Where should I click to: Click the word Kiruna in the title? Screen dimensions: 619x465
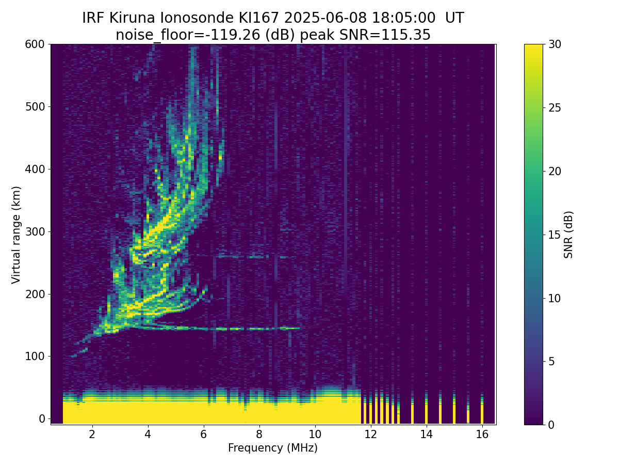(x=132, y=18)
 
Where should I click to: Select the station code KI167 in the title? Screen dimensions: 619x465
(x=258, y=18)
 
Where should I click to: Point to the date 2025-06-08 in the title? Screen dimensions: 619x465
(x=325, y=18)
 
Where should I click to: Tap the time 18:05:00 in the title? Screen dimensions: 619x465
(x=403, y=18)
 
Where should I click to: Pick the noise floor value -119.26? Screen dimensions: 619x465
(x=235, y=35)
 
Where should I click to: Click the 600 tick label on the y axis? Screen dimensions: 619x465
(x=35, y=44)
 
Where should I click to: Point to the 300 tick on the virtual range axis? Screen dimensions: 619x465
(x=35, y=232)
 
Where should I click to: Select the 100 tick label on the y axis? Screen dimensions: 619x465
(x=35, y=357)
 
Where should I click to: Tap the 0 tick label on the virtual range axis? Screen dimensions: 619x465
(x=42, y=419)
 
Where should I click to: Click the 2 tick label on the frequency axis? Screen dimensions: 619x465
(x=92, y=434)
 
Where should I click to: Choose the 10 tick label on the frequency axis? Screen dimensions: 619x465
(x=315, y=434)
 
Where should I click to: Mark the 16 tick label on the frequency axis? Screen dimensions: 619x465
(x=482, y=434)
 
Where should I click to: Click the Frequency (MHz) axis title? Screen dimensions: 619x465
(x=273, y=448)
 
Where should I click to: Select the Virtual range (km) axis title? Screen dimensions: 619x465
(x=16, y=235)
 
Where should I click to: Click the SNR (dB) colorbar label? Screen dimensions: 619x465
(x=568, y=235)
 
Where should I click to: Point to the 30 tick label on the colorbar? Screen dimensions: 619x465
(x=555, y=44)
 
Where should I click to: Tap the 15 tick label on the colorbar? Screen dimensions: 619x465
(x=555, y=235)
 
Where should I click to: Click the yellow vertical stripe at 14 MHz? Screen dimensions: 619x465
(x=427, y=409)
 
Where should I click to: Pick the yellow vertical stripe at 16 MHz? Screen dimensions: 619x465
(x=482, y=409)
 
